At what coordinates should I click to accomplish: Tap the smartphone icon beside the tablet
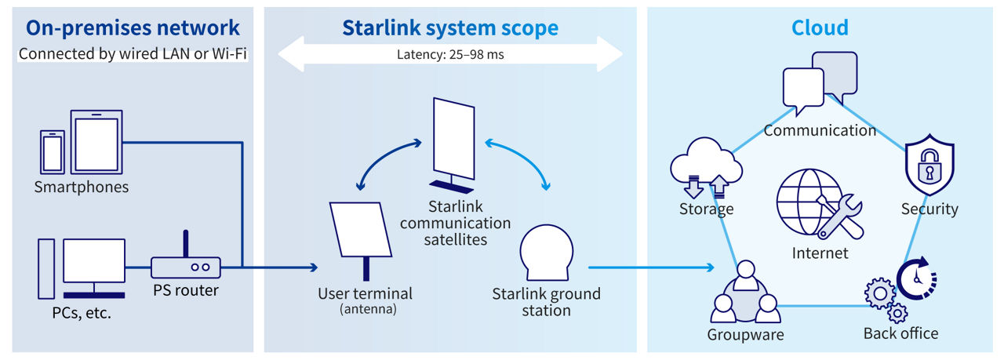click(53, 151)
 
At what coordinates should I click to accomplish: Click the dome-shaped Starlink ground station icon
click(546, 253)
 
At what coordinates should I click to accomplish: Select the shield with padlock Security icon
click(929, 168)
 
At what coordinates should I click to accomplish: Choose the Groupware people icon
click(745, 297)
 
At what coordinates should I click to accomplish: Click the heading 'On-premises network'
click(133, 28)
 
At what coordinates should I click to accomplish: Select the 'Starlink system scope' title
click(449, 28)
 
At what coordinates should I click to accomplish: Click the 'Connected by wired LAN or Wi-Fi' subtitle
click(133, 54)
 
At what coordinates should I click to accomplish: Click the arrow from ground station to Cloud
click(651, 267)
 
